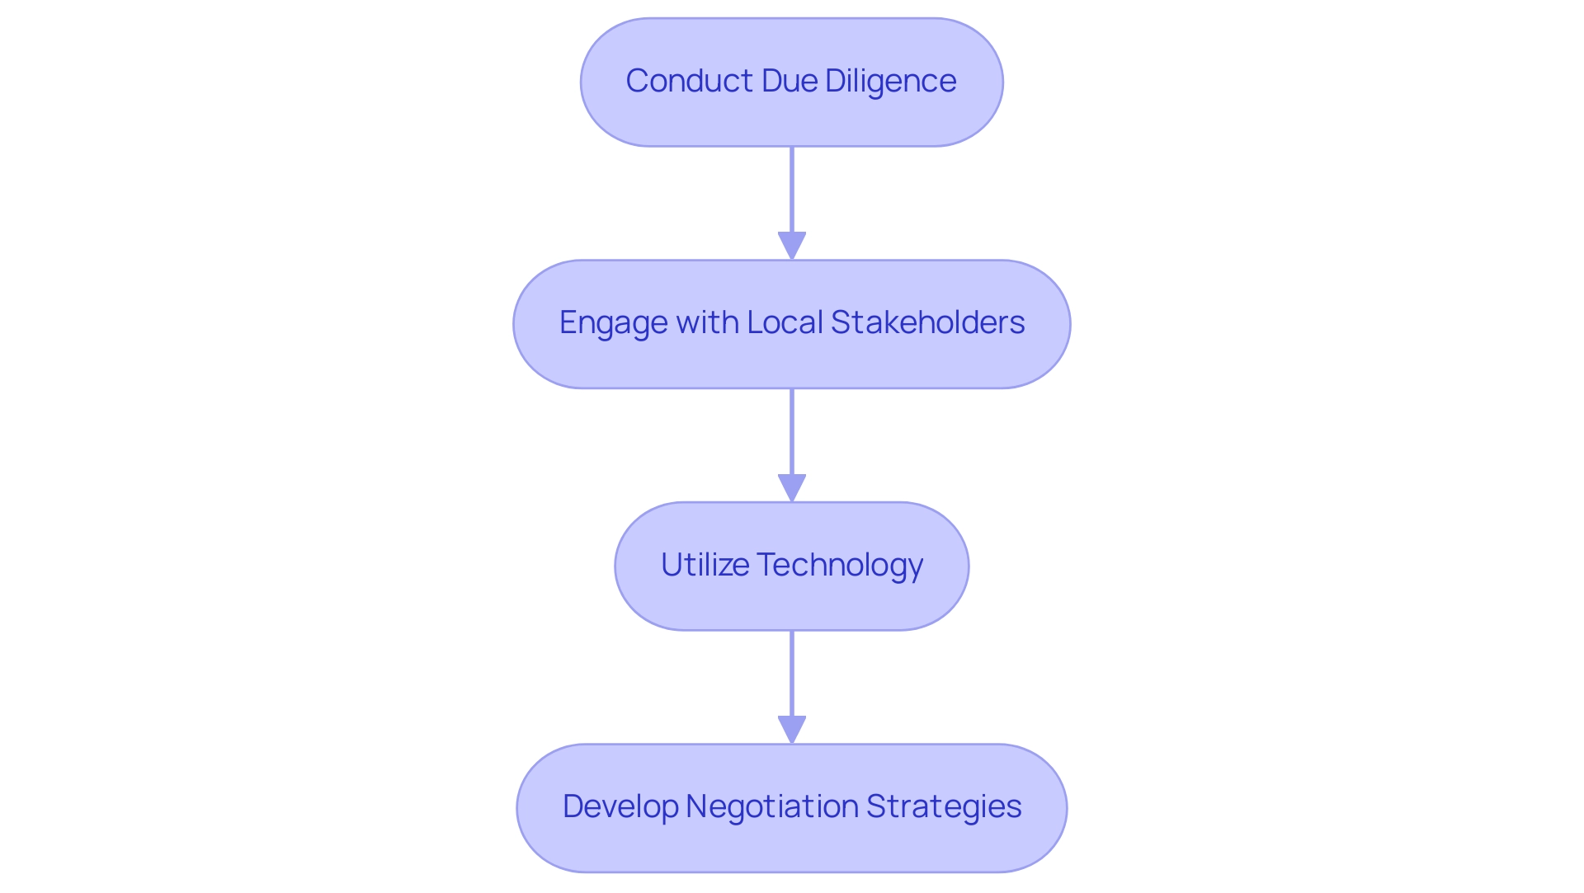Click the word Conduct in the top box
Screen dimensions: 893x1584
[x=689, y=81]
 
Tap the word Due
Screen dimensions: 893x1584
[x=789, y=81]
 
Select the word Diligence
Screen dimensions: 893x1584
[x=890, y=81]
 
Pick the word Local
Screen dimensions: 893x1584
[x=785, y=322]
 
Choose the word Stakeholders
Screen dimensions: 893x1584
[x=927, y=322]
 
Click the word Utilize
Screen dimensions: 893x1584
[x=705, y=565]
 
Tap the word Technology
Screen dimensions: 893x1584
[x=839, y=566]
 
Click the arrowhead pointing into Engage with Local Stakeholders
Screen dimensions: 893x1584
[x=792, y=247]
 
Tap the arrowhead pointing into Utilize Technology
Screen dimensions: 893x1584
[x=792, y=488]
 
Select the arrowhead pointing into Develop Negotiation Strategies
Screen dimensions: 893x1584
[x=792, y=731]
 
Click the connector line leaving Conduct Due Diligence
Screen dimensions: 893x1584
[x=792, y=190]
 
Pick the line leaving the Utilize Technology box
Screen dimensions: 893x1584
[x=792, y=673]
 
